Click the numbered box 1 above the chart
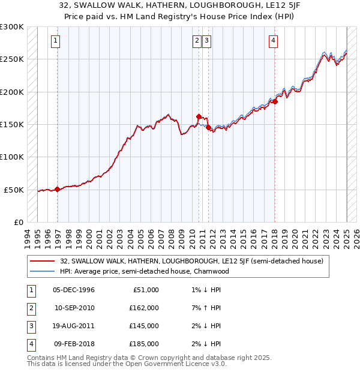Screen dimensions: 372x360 coord(55,41)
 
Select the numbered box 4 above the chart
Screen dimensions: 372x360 coord(273,41)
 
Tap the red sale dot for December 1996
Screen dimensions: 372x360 coord(57,189)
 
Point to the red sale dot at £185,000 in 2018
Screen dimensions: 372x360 coord(275,102)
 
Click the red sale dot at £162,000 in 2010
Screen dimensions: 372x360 coord(199,116)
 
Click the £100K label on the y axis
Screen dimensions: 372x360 coord(12,157)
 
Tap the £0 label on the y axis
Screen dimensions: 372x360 coord(17,222)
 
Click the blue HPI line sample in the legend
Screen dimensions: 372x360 coord(42,271)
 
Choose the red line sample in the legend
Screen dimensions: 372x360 coord(42,261)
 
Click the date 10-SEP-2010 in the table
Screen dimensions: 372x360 coord(74,308)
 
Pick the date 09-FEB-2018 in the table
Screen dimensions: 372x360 coord(74,344)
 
